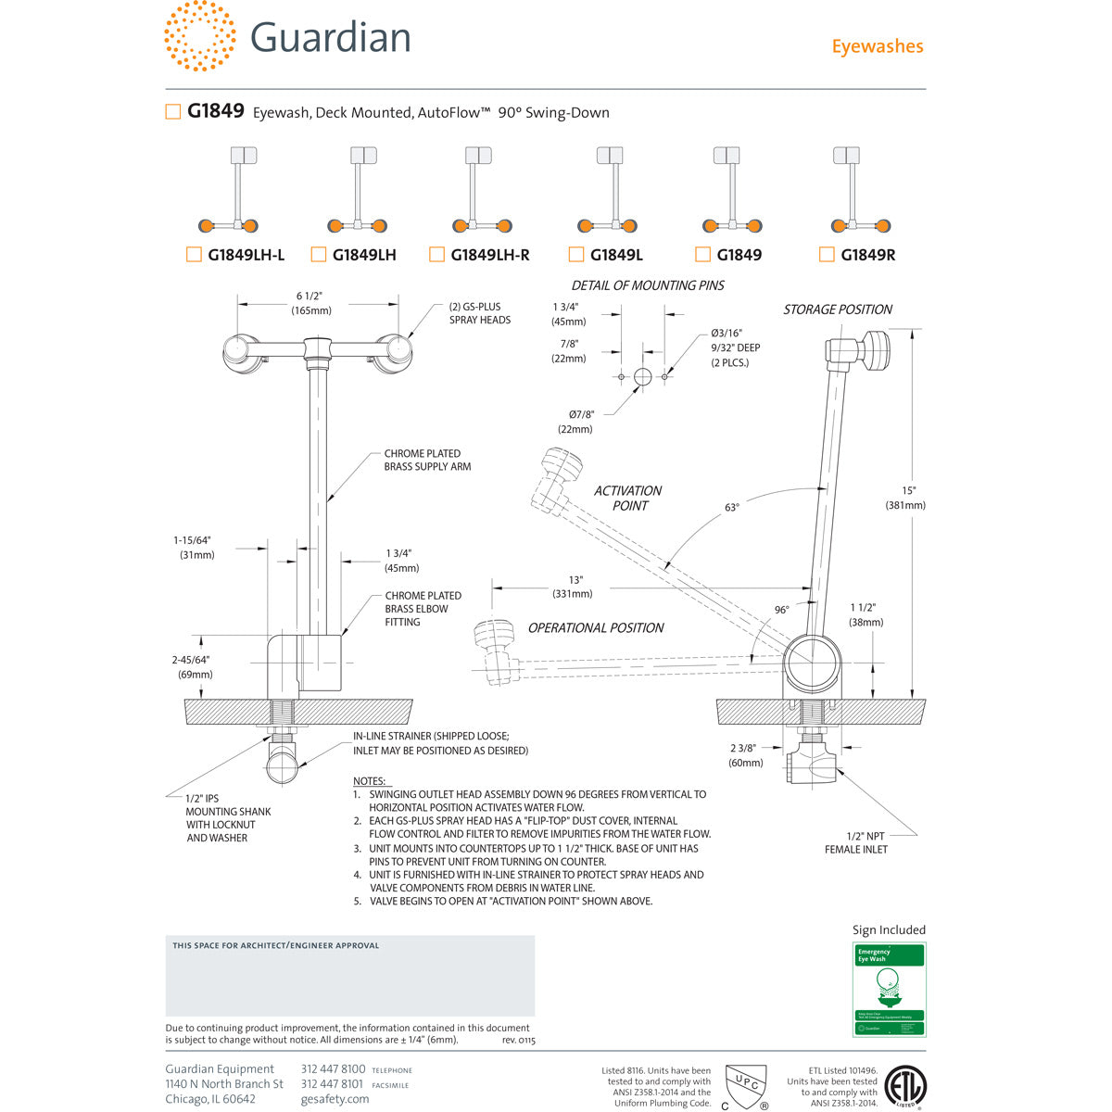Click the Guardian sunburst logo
point(199,35)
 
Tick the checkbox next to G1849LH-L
point(194,255)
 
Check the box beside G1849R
point(827,255)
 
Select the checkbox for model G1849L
point(575,255)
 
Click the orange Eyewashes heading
point(877,46)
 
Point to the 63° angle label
point(732,508)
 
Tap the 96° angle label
point(782,610)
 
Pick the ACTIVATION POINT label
point(627,498)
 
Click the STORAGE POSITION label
point(838,310)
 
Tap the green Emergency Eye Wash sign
point(889,990)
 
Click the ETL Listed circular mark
point(905,1086)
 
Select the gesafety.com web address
point(335,1099)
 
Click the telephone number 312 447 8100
point(333,1069)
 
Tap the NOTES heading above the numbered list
point(369,781)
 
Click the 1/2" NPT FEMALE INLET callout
point(855,842)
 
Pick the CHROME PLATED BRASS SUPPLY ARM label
point(427,461)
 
